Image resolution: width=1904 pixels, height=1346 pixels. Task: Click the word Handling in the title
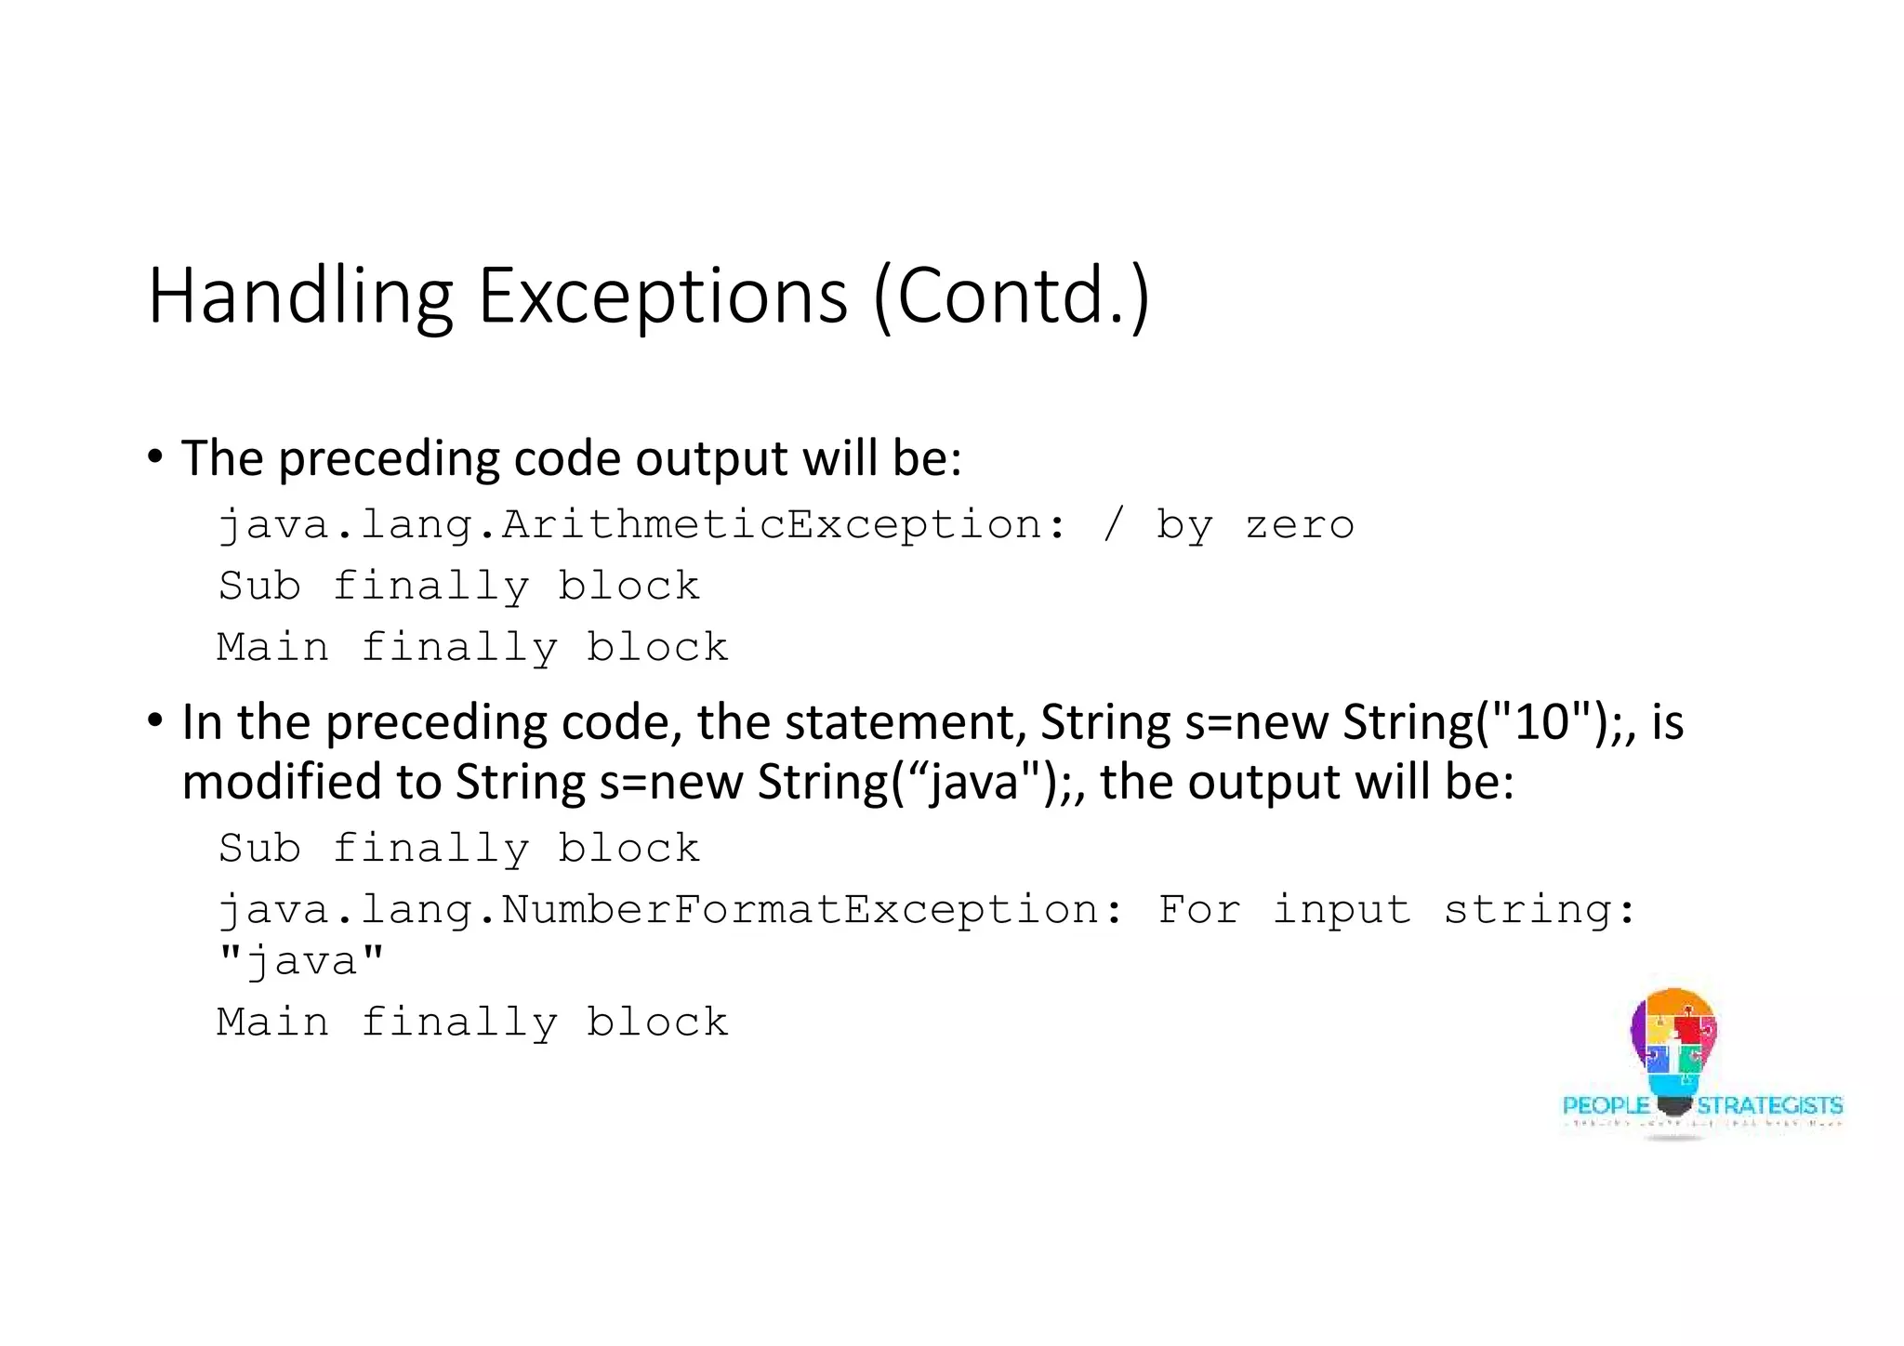(x=300, y=297)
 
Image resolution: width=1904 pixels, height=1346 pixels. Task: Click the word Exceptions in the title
(x=662, y=297)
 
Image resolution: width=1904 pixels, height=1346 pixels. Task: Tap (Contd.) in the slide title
(x=1011, y=297)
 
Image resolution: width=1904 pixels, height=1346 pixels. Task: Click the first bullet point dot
(x=155, y=457)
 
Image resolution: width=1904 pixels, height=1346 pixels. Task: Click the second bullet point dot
(x=155, y=720)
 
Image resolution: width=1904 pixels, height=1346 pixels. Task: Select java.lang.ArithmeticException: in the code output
(x=641, y=525)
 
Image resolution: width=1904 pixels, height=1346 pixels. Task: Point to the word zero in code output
(x=1300, y=526)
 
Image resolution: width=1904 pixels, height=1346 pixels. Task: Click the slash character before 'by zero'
(x=1113, y=524)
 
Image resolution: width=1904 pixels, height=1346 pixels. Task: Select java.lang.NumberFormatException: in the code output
(x=670, y=909)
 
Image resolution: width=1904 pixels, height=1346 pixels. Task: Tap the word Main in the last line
(x=272, y=1022)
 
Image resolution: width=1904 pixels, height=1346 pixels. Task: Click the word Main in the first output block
(x=272, y=647)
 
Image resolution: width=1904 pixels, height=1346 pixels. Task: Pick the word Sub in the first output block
(x=259, y=587)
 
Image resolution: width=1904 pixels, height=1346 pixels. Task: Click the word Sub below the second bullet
(x=259, y=849)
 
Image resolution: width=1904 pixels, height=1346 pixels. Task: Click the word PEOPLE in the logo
(x=1606, y=1105)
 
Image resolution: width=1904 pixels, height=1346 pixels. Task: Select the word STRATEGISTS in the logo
(x=1769, y=1105)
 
